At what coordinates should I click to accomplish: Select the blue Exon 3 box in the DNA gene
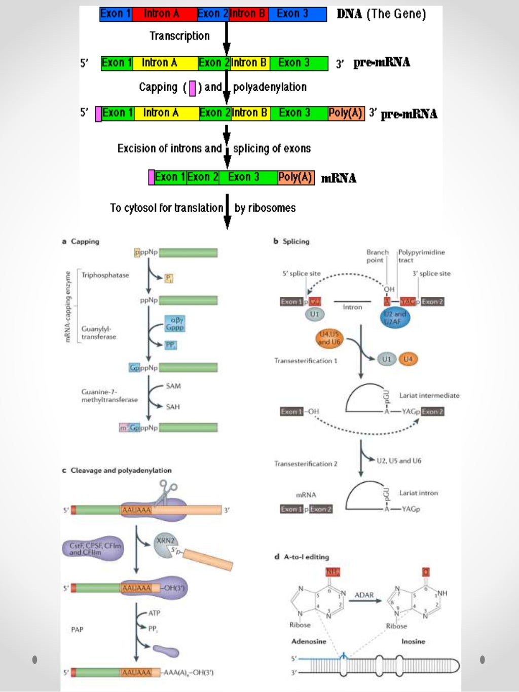click(x=297, y=14)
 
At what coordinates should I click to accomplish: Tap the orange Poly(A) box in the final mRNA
click(x=295, y=177)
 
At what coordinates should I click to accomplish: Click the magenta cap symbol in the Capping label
click(x=192, y=88)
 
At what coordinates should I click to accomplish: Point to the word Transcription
click(x=179, y=36)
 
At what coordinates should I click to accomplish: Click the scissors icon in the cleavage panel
click(x=166, y=492)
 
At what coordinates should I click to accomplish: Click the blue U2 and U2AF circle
click(x=395, y=318)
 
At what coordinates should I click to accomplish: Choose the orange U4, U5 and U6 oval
click(x=329, y=338)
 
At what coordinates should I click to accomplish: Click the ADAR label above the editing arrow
click(x=364, y=595)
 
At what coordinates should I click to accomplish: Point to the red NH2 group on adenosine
click(x=332, y=572)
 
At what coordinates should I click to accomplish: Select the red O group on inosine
click(x=426, y=572)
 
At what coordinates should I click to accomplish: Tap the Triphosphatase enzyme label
click(x=105, y=275)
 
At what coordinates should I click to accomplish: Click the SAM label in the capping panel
click(x=173, y=386)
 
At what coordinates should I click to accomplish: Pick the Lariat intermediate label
click(x=429, y=396)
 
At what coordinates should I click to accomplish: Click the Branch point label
click(x=377, y=256)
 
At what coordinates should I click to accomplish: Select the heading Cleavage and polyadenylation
click(x=121, y=470)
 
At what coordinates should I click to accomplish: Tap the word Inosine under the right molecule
click(x=413, y=641)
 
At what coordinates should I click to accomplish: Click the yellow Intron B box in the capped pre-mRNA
click(x=249, y=113)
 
